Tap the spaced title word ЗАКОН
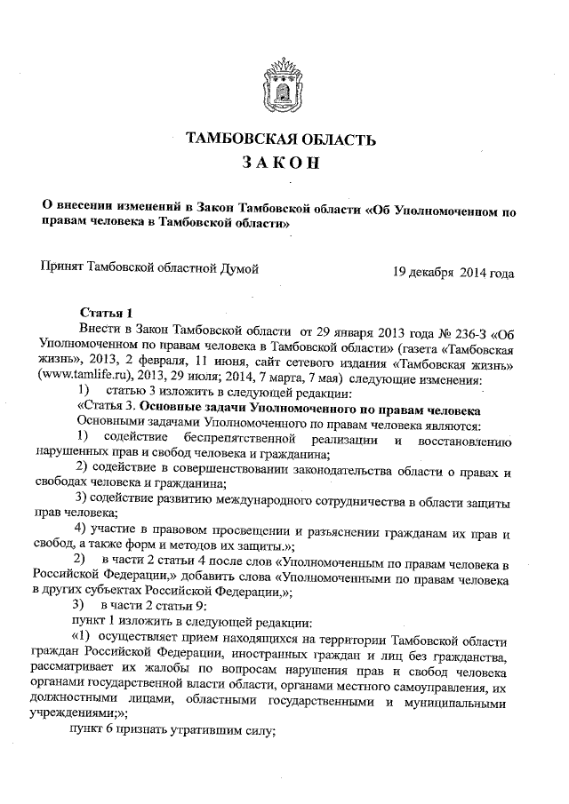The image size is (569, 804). point(280,166)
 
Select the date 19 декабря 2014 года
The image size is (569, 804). point(453,272)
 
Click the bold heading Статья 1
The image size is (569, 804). point(106,312)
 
